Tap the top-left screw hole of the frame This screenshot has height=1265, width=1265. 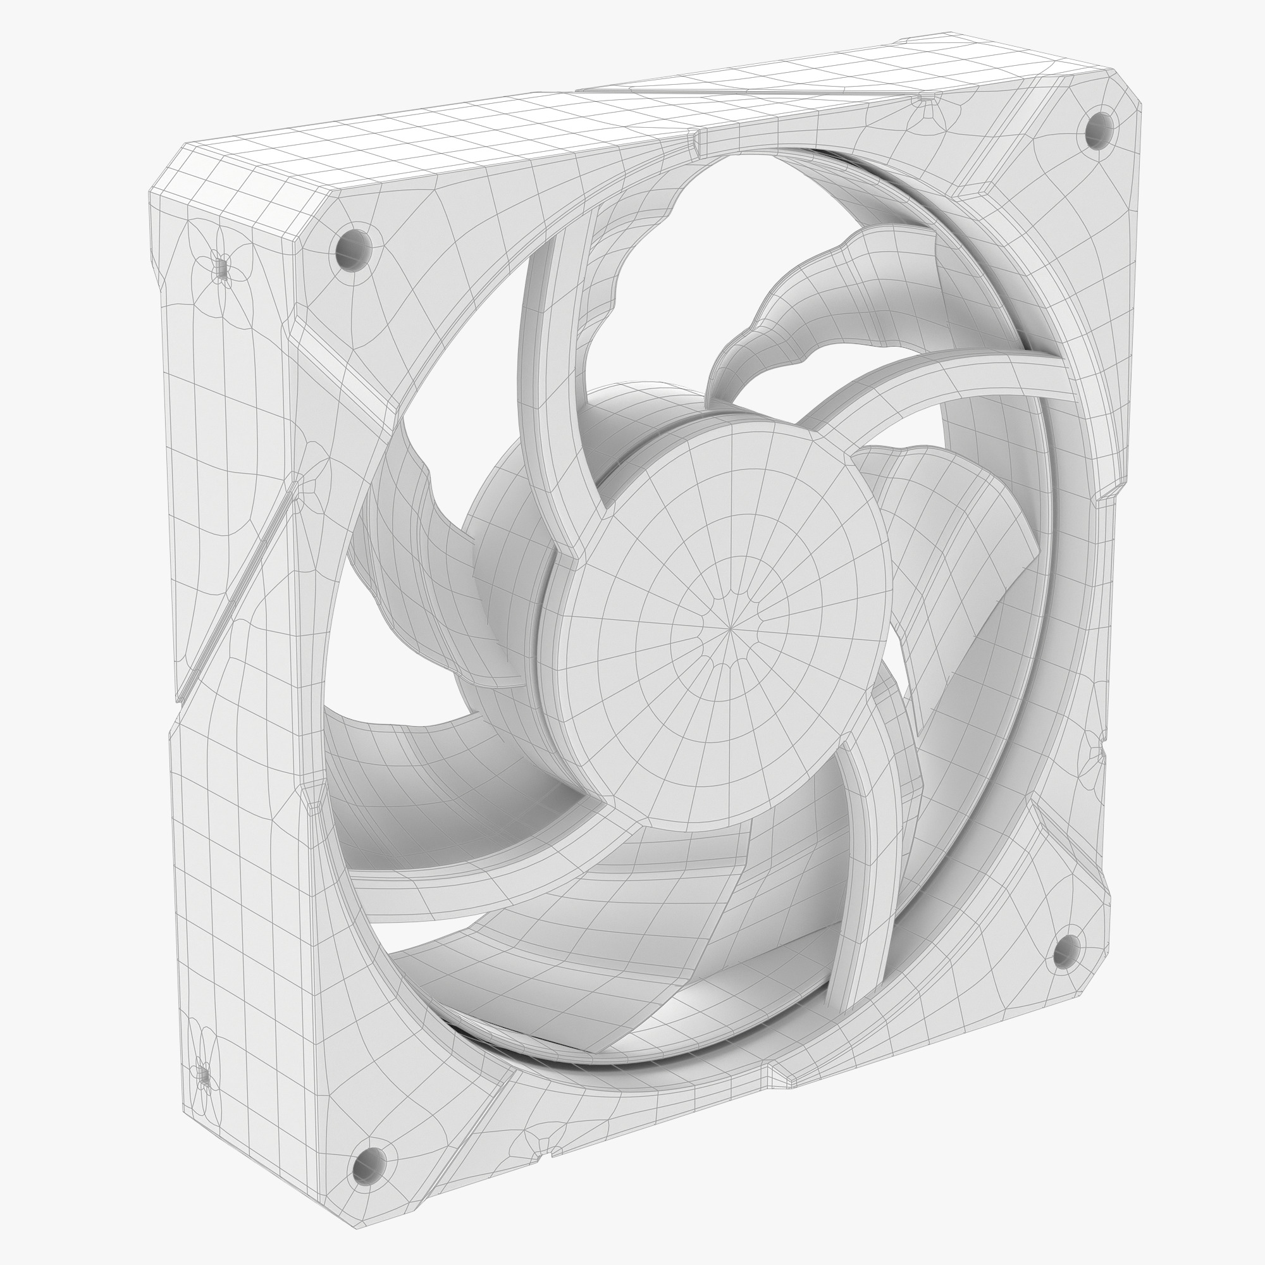[x=354, y=247]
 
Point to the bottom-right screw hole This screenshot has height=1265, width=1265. [x=1066, y=949]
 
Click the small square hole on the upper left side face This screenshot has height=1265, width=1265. [x=221, y=268]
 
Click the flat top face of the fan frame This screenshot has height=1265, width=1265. [x=524, y=131]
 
